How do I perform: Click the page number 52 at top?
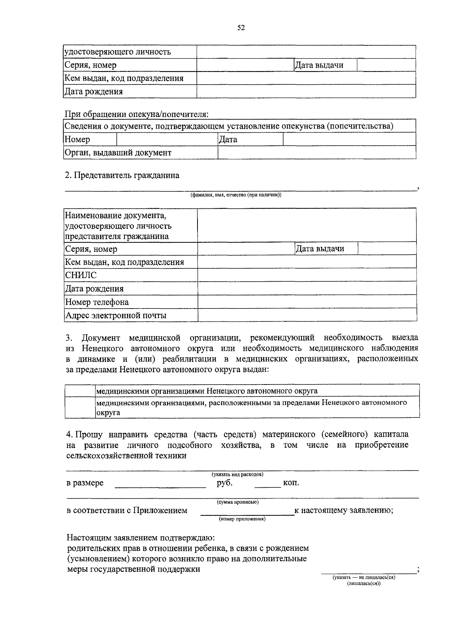[x=241, y=28]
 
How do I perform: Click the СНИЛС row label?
[x=81, y=275]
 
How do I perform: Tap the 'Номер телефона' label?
[x=97, y=302]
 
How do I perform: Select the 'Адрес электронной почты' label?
[x=116, y=315]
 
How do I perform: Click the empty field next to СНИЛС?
[x=306, y=275]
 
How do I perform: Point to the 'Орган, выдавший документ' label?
[x=118, y=153]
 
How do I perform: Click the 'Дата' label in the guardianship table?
[x=229, y=140]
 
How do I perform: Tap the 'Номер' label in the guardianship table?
[x=78, y=140]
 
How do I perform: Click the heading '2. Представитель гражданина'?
[x=122, y=175]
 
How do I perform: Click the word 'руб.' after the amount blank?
[x=225, y=483]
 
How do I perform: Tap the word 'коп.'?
[x=291, y=483]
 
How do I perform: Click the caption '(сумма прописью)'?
[x=238, y=502]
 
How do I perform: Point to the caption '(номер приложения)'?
[x=242, y=519]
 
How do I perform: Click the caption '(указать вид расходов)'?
[x=238, y=474]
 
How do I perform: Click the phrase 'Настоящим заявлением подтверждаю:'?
[x=141, y=537]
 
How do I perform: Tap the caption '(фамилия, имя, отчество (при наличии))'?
[x=236, y=195]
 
